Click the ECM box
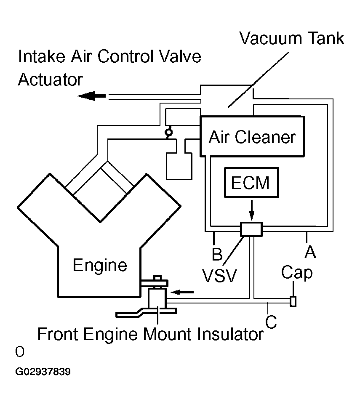pyautogui.click(x=252, y=183)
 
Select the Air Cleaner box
pyautogui.click(x=252, y=136)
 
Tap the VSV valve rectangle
pyautogui.click(x=251, y=229)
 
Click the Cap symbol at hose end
pyautogui.click(x=293, y=301)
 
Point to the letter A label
pyautogui.click(x=310, y=251)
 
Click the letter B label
pyautogui.click(x=216, y=254)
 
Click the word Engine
pyautogui.click(x=100, y=265)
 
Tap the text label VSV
pyautogui.click(x=219, y=276)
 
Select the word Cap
pyautogui.click(x=297, y=272)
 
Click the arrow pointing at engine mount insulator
pyautogui.click(x=184, y=291)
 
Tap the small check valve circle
pyautogui.click(x=168, y=133)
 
